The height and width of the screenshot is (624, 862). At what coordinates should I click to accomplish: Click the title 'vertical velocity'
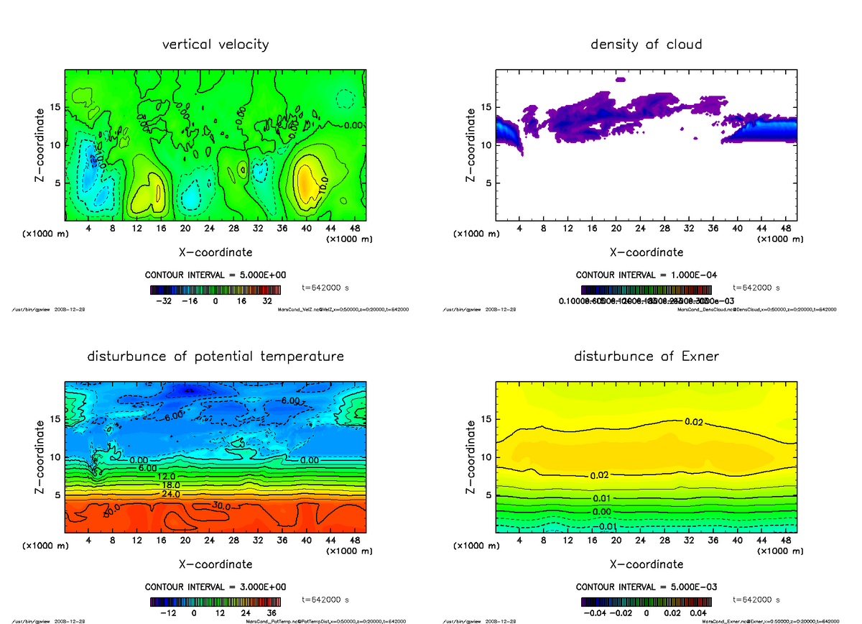pos(215,45)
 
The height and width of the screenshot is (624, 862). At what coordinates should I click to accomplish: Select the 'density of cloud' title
pos(646,45)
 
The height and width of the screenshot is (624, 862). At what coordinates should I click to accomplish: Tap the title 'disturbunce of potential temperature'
pos(215,357)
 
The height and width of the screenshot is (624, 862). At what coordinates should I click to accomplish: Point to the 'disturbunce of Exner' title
pos(646,357)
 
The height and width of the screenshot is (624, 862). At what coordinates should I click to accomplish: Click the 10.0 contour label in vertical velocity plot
pos(323,183)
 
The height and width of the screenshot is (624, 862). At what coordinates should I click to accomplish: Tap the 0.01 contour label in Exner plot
pos(602,498)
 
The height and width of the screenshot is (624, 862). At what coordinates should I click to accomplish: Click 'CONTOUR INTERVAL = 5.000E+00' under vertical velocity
pos(215,275)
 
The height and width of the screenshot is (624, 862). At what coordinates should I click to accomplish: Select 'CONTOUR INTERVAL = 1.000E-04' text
pos(646,275)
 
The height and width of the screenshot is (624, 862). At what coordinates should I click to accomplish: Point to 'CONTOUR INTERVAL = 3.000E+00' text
pos(215,587)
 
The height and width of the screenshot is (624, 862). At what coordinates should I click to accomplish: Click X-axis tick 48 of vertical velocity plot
pos(354,229)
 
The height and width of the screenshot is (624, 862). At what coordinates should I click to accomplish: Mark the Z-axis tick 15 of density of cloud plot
pos(486,108)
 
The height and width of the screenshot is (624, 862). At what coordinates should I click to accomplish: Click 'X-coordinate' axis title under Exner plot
pos(646,564)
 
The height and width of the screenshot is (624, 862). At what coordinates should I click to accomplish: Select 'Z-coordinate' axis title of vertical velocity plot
pos(42,144)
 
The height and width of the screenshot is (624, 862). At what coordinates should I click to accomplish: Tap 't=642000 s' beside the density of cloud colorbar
pos(756,288)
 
